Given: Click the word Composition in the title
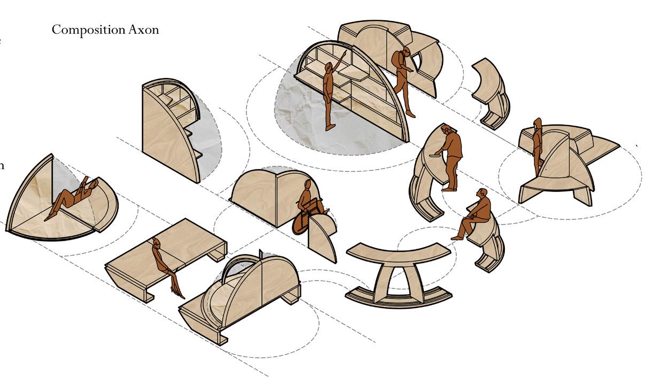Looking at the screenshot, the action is [x=88, y=29].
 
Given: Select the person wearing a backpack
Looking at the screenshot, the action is [x=405, y=80].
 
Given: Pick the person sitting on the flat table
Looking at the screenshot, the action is [x=163, y=265].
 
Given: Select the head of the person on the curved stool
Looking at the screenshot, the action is [x=482, y=193].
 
